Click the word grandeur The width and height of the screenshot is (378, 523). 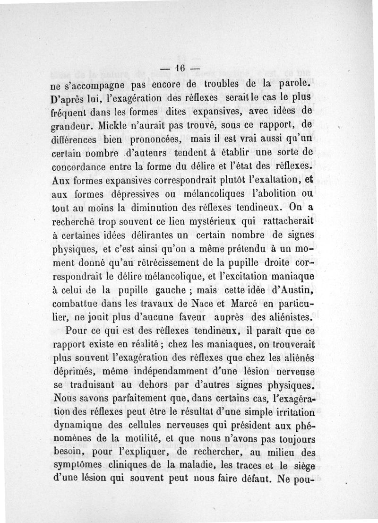point(72,127)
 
